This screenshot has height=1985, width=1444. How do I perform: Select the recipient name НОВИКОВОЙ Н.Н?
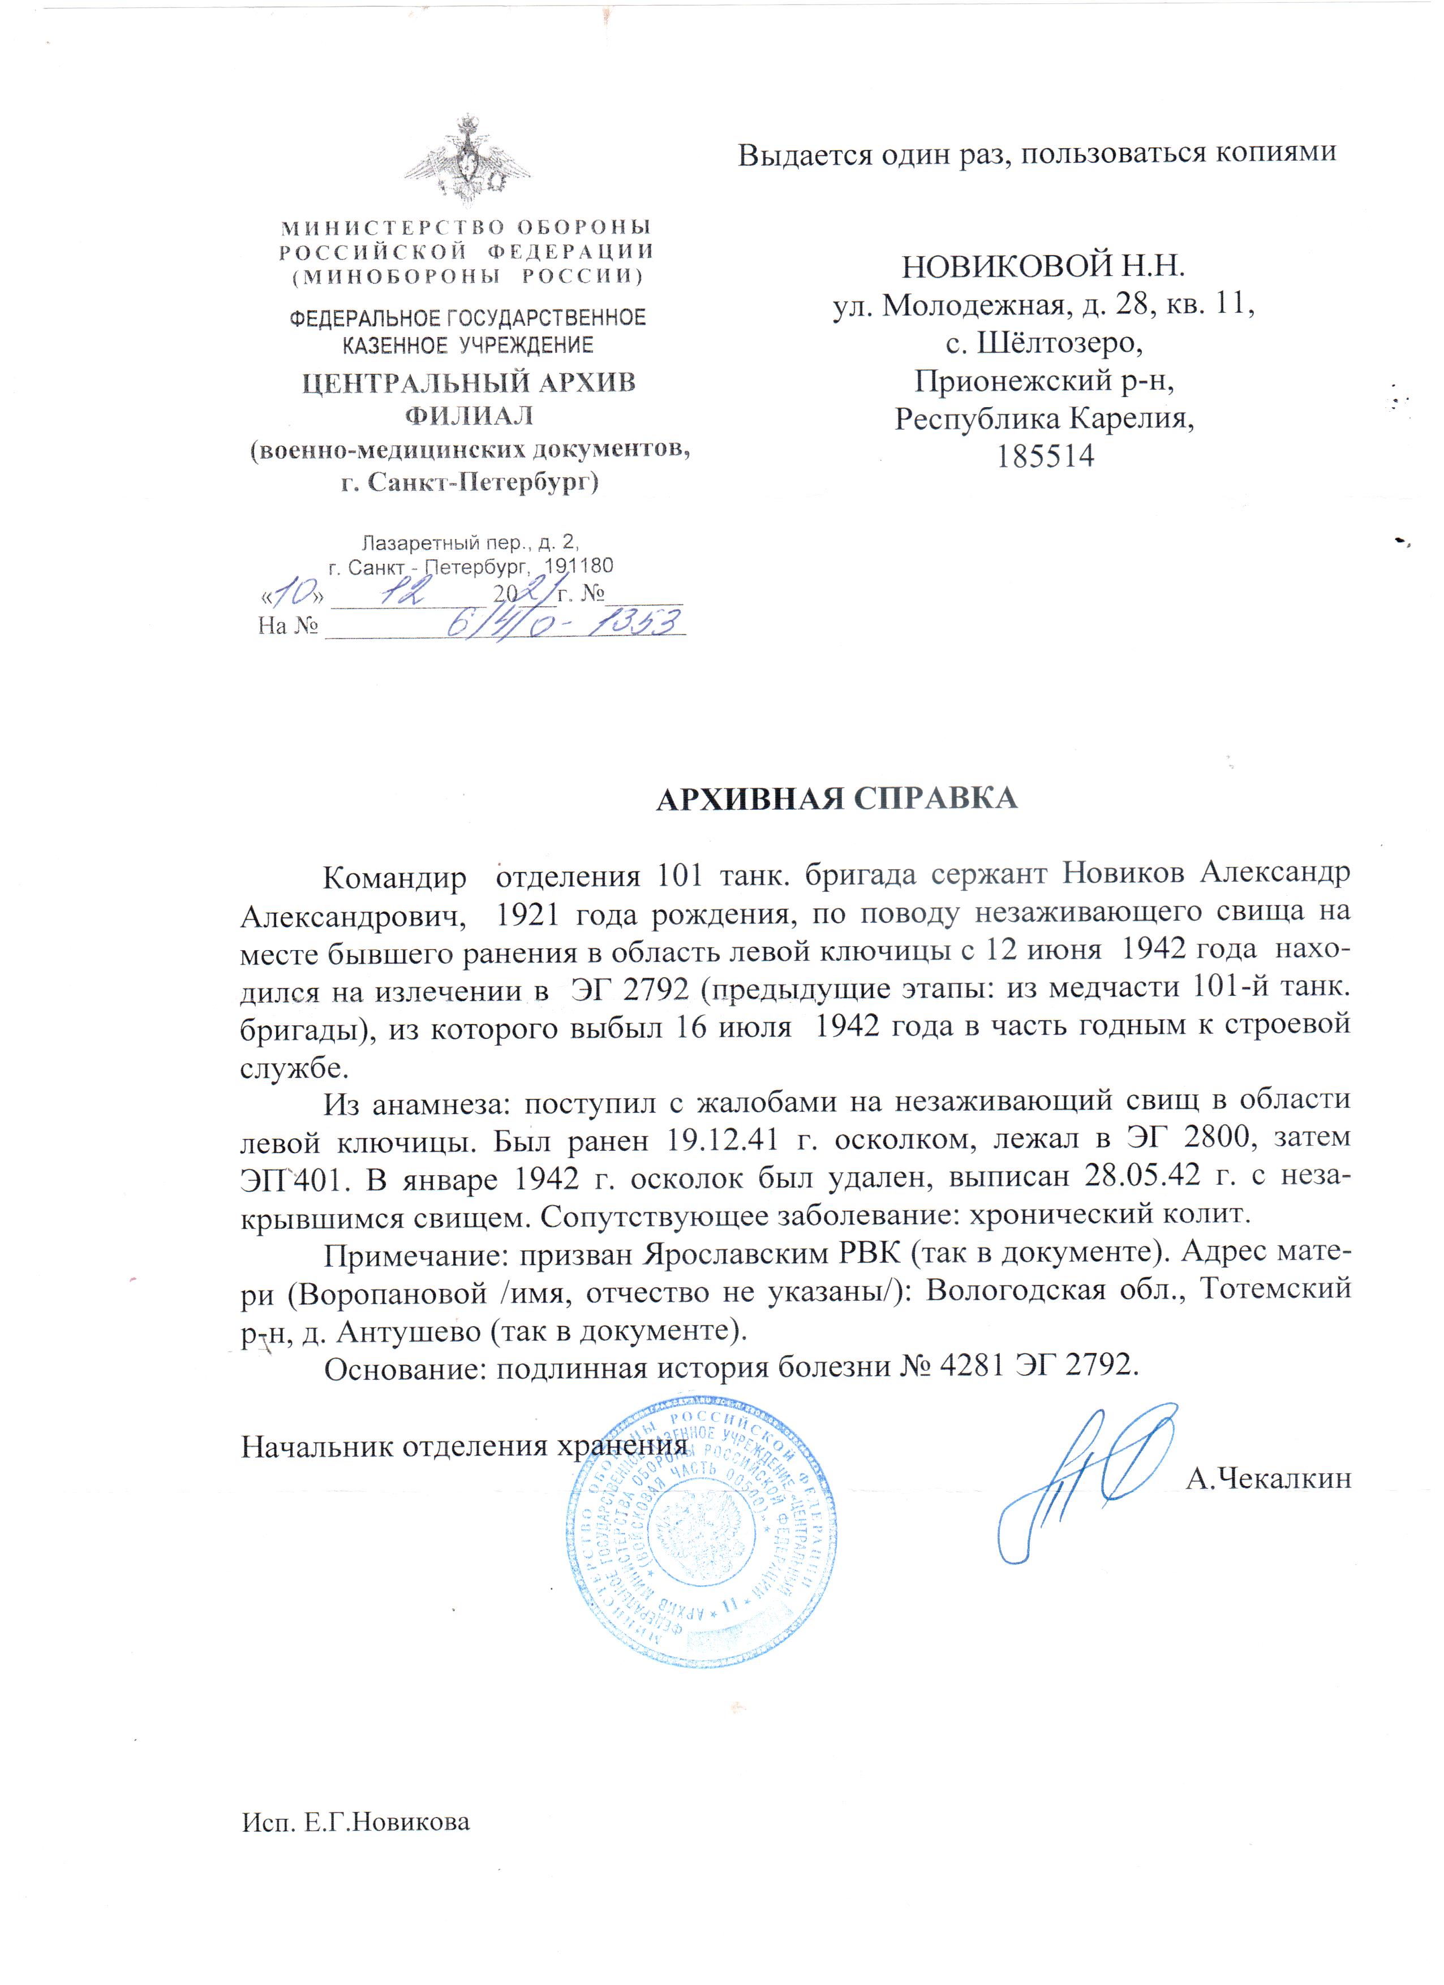click(x=1044, y=266)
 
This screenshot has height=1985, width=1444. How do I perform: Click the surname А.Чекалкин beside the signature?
click(x=1269, y=1478)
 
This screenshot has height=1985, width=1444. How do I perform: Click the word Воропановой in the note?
click(x=392, y=1292)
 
